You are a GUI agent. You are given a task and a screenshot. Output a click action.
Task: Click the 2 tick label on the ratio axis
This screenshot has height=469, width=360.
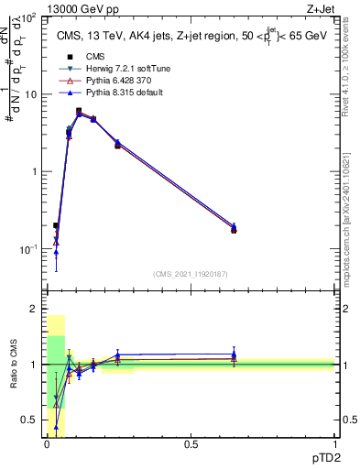click(35, 309)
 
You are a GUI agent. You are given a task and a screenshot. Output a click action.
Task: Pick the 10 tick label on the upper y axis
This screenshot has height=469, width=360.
click(29, 94)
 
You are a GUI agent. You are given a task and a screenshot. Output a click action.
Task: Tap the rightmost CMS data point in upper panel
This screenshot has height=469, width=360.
click(234, 230)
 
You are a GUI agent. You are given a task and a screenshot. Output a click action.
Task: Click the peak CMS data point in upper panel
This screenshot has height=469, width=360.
click(79, 112)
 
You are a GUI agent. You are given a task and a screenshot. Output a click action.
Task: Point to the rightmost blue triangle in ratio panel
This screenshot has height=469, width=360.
click(234, 354)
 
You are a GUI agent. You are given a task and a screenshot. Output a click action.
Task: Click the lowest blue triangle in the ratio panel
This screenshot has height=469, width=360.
click(56, 427)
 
